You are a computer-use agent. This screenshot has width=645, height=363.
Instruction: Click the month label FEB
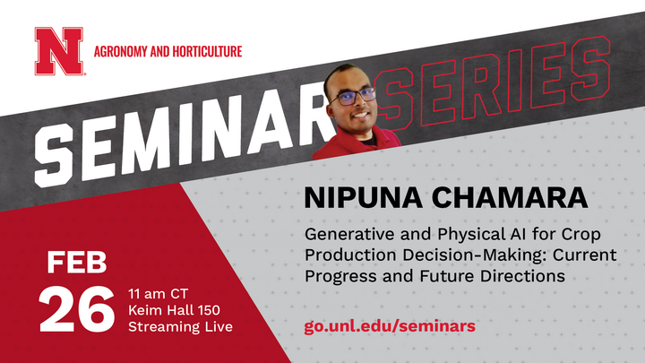click(x=77, y=264)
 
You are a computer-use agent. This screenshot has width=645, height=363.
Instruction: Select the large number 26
click(x=76, y=309)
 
